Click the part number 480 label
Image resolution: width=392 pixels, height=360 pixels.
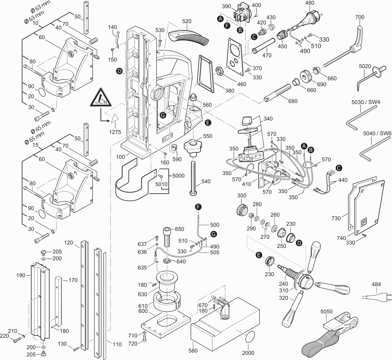[x=309, y=3]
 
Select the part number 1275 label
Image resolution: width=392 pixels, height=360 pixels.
[x=115, y=132]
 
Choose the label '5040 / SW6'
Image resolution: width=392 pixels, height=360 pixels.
[x=377, y=133]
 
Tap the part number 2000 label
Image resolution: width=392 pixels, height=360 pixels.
[x=248, y=353]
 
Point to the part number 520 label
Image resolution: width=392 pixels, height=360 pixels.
[x=187, y=21]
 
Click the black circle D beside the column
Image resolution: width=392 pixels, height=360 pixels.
[x=119, y=71]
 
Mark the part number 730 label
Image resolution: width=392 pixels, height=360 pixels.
[x=336, y=218]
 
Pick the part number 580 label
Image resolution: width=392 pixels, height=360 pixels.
[x=193, y=350]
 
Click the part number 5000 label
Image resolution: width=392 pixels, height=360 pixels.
[x=178, y=176]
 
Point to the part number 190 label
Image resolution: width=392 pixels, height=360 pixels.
[x=21, y=275]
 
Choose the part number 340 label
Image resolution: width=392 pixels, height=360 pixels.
[x=267, y=119]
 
